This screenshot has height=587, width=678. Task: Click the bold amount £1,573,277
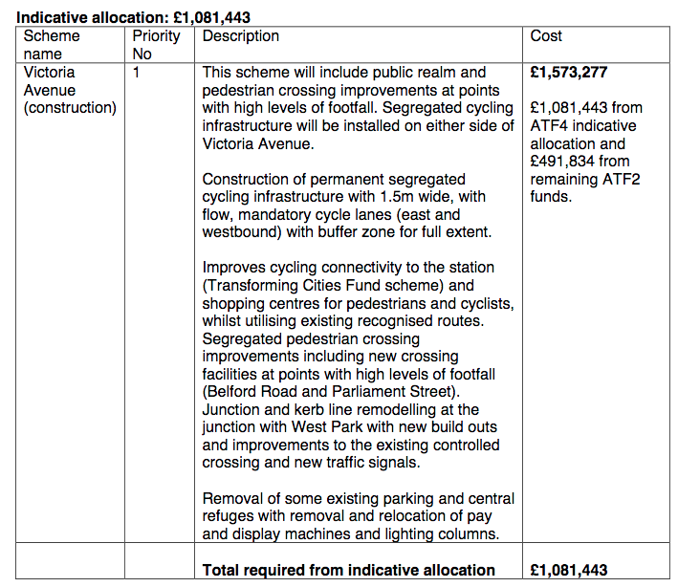point(568,73)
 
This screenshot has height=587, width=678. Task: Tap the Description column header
point(241,36)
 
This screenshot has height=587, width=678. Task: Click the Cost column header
point(546,36)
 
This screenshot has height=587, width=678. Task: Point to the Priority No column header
point(156,45)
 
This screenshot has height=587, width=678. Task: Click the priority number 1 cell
point(138,73)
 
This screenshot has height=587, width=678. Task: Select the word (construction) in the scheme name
point(70,108)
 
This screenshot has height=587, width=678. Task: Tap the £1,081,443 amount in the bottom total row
point(568,570)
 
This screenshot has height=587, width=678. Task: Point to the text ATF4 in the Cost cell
point(550,126)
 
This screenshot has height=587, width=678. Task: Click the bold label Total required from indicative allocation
point(348,570)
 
